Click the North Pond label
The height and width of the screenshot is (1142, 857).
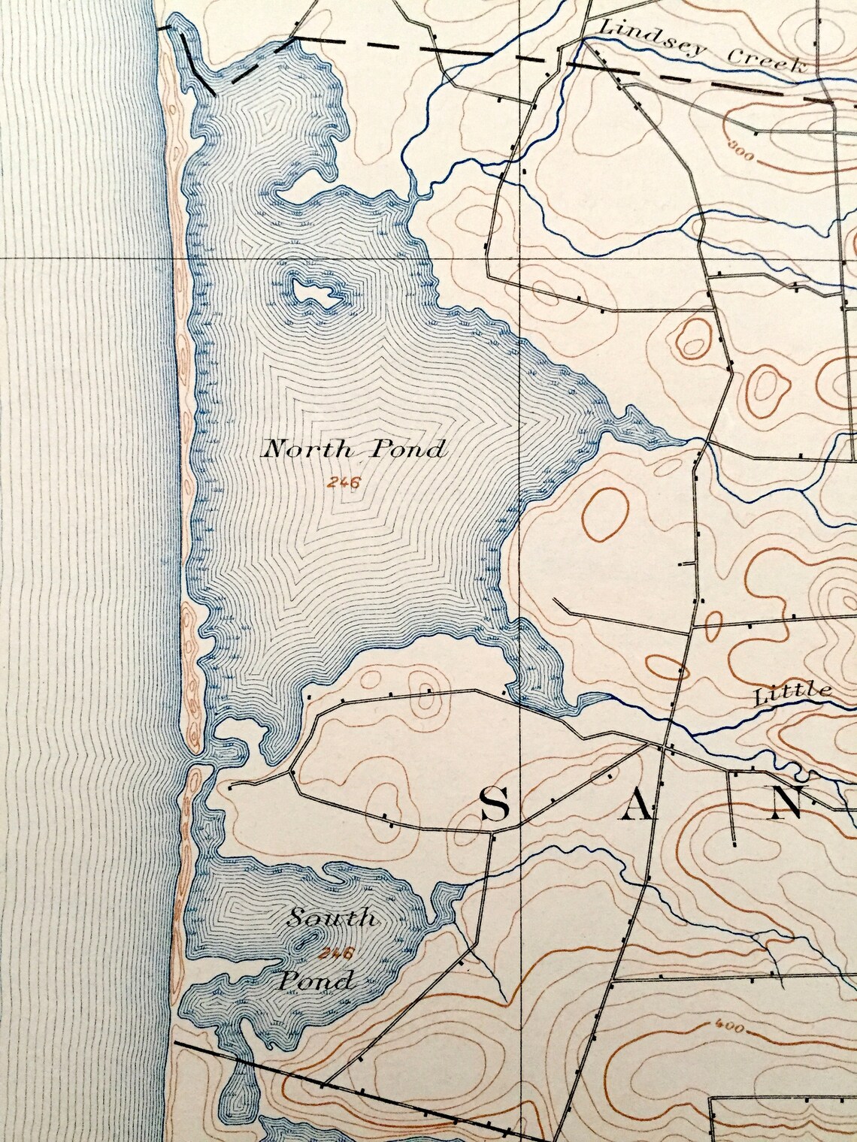[x=353, y=450]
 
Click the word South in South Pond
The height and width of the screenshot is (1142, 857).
[x=332, y=917]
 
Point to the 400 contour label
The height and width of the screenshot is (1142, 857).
[x=729, y=1027]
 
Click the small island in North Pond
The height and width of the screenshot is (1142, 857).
[x=314, y=293]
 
